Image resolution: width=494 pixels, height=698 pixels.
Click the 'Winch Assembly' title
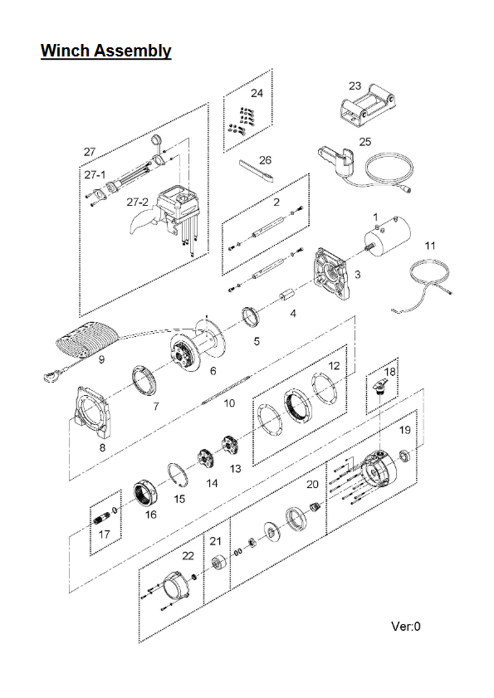pyautogui.click(x=106, y=51)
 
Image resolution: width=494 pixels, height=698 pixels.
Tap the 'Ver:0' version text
pyautogui.click(x=405, y=627)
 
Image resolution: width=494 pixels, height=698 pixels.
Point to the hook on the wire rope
pyautogui.click(x=51, y=377)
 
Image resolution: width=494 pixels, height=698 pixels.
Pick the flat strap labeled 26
pyautogui.click(x=258, y=171)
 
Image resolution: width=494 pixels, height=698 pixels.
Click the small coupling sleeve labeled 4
pyautogui.click(x=288, y=295)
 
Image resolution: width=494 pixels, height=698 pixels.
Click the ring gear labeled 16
pyautogui.click(x=145, y=494)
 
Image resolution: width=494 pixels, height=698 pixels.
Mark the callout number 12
pyautogui.click(x=334, y=366)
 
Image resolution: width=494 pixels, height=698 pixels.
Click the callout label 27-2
pyautogui.click(x=137, y=203)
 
